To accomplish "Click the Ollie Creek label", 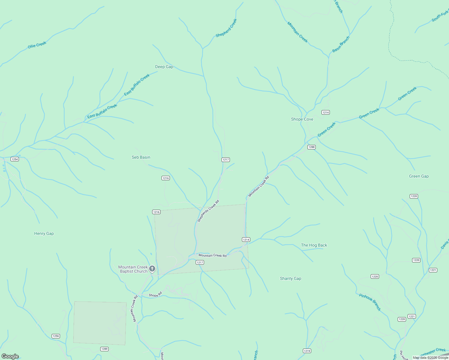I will [x=37, y=45].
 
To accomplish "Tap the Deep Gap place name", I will [x=164, y=67].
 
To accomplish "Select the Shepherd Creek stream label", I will [x=226, y=28].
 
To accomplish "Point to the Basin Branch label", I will [x=341, y=44].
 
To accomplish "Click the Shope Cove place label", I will [x=302, y=119].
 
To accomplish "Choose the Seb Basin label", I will [x=141, y=157].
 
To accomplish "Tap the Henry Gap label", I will [x=44, y=233].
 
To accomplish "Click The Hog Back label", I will [x=314, y=245].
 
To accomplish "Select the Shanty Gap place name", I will [x=290, y=278].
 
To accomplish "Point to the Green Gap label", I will [x=419, y=176].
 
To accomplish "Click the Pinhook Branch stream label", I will [x=370, y=302].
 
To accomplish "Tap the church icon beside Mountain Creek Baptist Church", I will [x=152, y=268].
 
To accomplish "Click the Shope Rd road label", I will [x=155, y=295].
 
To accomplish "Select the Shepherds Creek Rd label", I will [x=208, y=211].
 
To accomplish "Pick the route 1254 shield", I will [x=15, y=159].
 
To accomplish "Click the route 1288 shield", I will [x=311, y=147].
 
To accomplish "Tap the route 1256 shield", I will [x=56, y=336].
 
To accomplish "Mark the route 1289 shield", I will [x=104, y=349].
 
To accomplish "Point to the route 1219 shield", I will [x=307, y=351].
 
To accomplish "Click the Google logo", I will [x=10, y=356].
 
